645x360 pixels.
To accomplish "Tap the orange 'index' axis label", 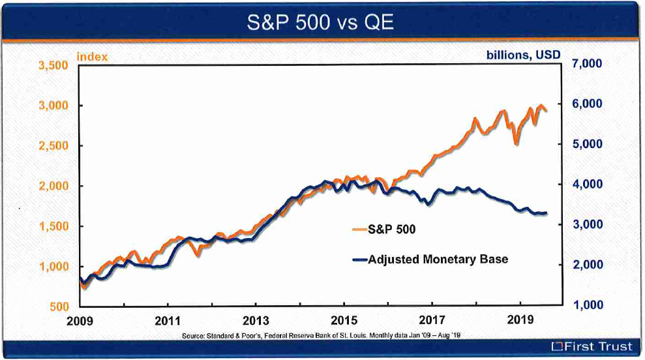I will point(92,57).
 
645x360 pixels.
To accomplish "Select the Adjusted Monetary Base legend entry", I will point(438,259).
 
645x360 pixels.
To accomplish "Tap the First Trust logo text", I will point(592,347).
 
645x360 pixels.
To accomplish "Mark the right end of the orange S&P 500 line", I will point(547,112).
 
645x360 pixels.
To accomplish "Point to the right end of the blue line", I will point(547,213).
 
